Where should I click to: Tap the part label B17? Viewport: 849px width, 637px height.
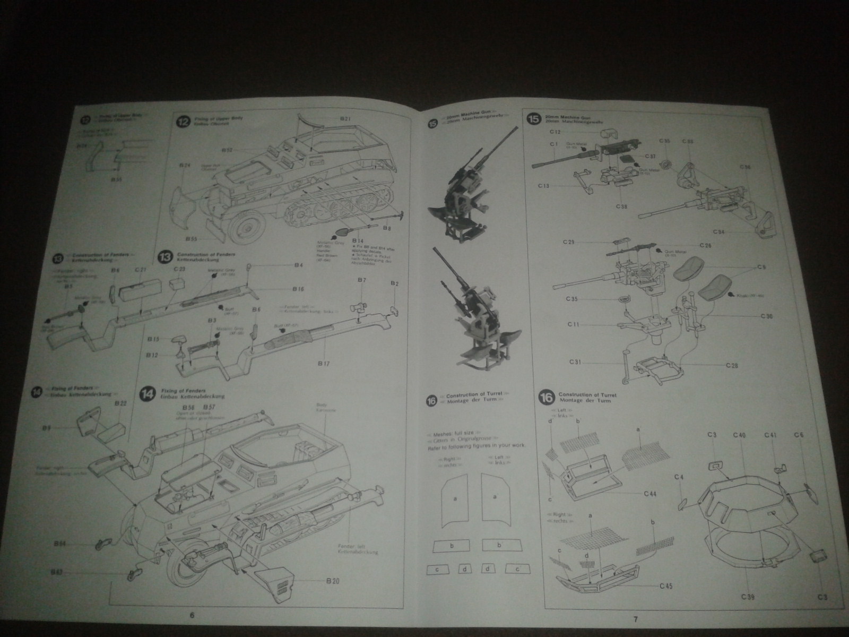click(324, 364)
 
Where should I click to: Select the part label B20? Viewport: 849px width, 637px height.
click(333, 581)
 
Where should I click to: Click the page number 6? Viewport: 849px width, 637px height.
click(192, 615)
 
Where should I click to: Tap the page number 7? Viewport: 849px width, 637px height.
click(635, 618)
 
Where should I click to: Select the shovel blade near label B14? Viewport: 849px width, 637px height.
click(342, 232)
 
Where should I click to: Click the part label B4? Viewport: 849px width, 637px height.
click(298, 265)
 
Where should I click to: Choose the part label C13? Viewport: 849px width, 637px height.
click(543, 186)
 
